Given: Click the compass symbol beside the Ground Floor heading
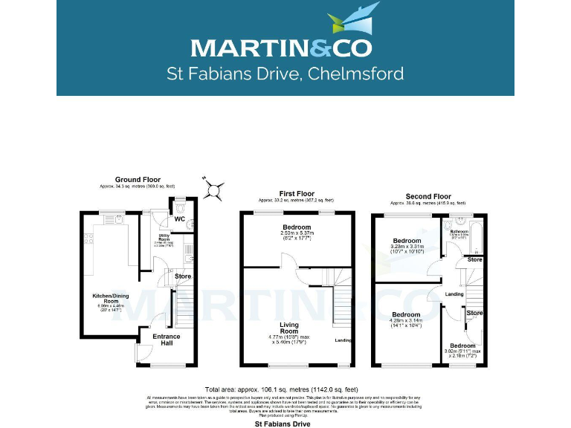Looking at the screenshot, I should [214, 189].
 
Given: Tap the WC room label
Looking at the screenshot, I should [179, 219].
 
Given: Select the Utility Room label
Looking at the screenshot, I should [164, 238].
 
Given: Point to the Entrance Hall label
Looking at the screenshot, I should [166, 340].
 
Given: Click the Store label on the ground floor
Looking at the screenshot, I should [182, 276].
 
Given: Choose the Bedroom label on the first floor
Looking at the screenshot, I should [297, 227].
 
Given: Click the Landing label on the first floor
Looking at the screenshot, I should [343, 340].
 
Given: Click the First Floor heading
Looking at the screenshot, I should [297, 193].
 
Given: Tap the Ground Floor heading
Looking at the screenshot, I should [138, 179].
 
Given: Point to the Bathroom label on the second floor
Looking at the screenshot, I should [459, 231].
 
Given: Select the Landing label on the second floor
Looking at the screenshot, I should [454, 294].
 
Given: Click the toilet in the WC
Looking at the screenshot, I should [190, 222].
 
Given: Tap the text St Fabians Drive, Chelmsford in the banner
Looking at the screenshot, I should [285, 74].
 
